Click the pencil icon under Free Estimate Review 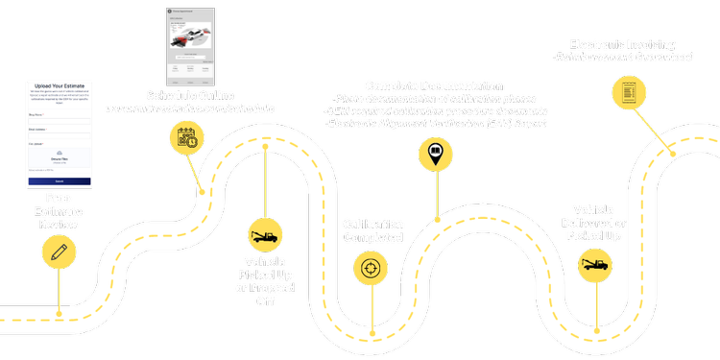(x=59, y=252)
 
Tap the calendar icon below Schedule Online (x=186, y=137)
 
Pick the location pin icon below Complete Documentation (x=433, y=151)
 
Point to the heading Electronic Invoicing (x=621, y=44)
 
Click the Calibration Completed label (x=373, y=230)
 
